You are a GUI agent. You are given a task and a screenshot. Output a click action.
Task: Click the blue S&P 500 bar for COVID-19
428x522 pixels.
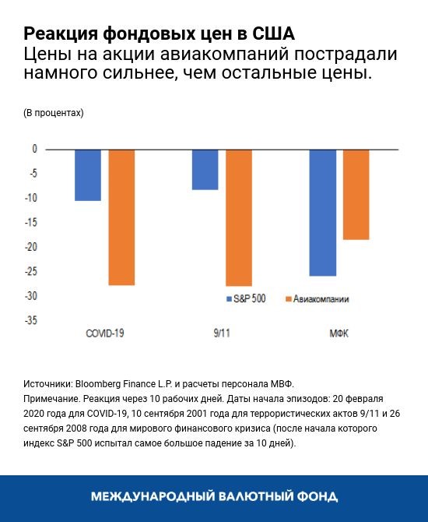coord(88,175)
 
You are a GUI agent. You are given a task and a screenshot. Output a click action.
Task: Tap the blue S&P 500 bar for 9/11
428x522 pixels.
coord(205,169)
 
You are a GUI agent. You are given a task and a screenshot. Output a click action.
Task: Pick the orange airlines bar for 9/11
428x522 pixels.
coord(239,217)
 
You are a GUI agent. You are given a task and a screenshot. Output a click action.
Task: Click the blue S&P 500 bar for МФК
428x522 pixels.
coord(323,212)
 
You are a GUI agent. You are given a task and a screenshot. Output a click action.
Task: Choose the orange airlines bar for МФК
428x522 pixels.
coord(356,194)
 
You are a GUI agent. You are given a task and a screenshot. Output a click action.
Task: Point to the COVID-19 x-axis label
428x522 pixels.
coord(105,332)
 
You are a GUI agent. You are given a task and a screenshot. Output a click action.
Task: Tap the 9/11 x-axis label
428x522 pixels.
coord(222,332)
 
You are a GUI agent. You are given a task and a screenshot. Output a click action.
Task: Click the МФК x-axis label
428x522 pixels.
coord(339,332)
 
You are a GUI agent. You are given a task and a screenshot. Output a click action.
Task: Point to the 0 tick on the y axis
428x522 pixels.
coord(34,149)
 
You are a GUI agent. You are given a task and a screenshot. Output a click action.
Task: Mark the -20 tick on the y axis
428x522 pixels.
coord(30,247)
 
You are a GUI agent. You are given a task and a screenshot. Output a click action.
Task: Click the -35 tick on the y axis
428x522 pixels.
coord(30,320)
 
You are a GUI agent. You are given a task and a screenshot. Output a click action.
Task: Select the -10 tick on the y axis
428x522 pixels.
coord(30,198)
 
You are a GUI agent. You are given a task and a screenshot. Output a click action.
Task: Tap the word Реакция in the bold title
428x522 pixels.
coord(57,35)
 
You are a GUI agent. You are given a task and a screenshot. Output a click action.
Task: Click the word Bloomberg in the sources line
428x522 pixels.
coord(104,385)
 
